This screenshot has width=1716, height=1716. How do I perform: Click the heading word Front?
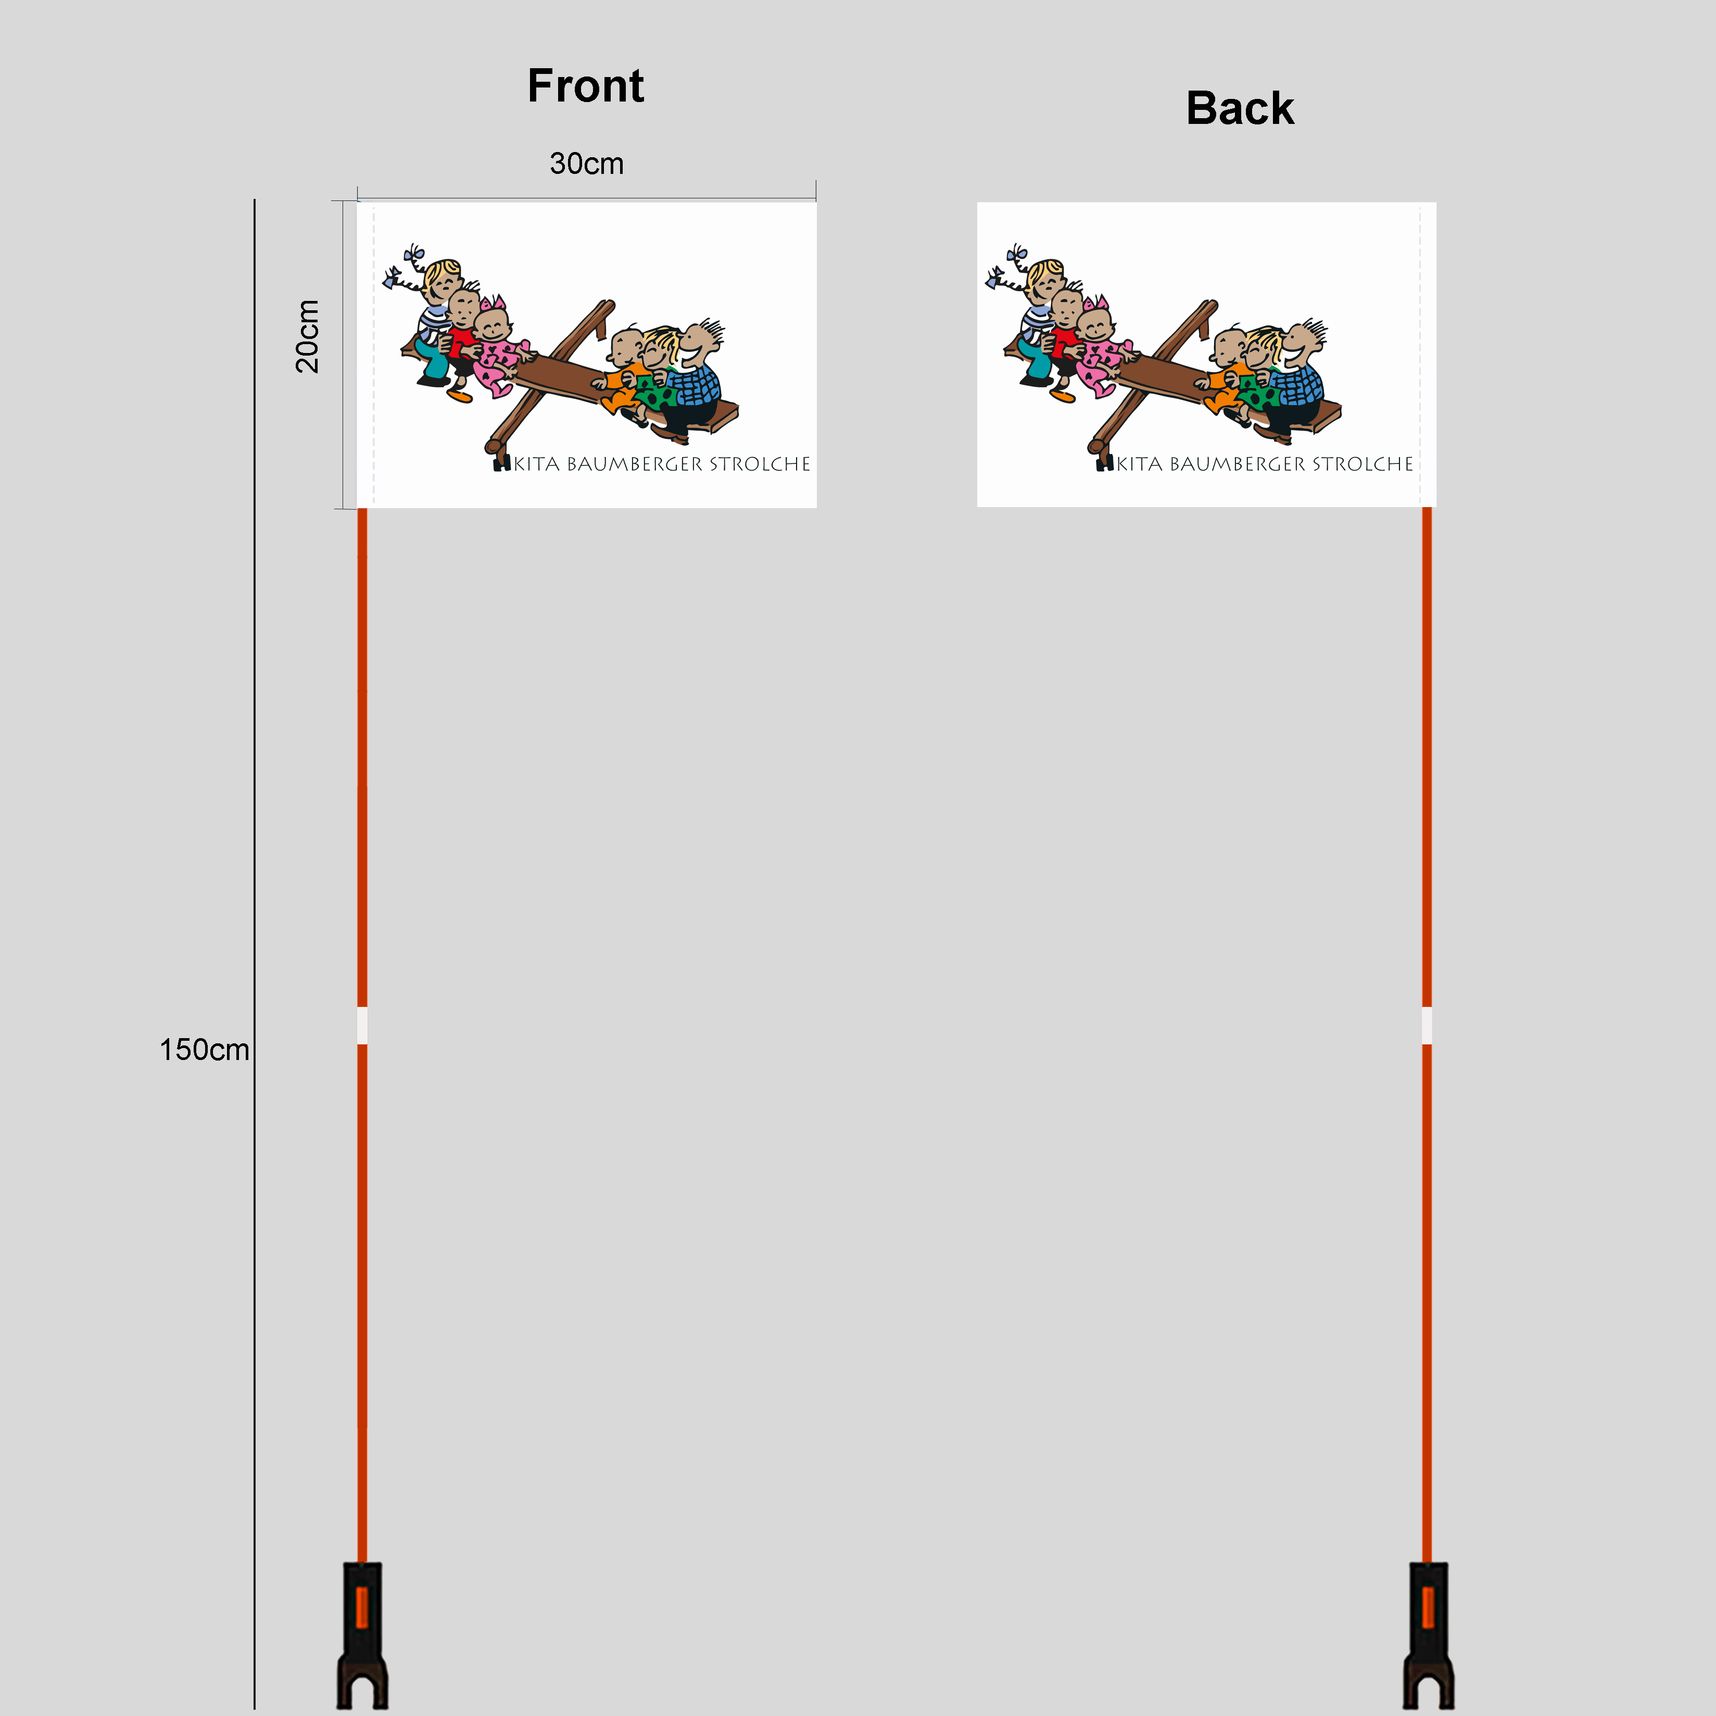tap(585, 86)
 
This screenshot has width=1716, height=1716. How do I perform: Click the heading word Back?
tap(1240, 108)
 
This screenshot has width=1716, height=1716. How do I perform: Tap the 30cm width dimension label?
tap(586, 163)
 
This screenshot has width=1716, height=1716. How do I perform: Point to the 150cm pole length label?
tap(204, 1050)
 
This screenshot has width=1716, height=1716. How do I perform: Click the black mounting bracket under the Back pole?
tap(1428, 1635)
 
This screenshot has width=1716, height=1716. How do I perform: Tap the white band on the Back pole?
tap(1427, 1026)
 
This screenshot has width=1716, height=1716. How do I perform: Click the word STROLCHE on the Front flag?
tap(760, 464)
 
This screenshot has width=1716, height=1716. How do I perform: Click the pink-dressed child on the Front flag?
tap(497, 349)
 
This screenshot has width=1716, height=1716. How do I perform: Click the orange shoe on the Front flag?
tap(459, 395)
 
